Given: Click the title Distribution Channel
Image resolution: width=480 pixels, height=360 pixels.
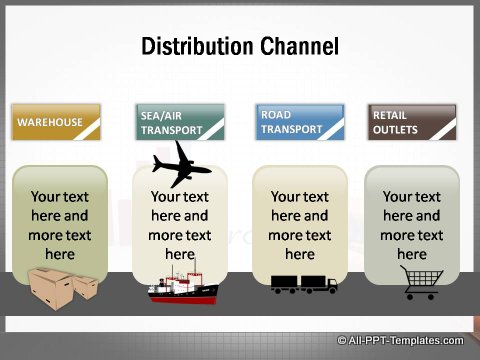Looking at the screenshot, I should coord(239,47).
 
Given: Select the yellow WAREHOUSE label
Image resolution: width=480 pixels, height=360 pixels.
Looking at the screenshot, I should coord(56,122).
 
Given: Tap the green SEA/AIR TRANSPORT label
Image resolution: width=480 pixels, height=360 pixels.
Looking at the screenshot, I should coord(180,122).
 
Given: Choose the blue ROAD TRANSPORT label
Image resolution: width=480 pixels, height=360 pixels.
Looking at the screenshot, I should coord(300,122).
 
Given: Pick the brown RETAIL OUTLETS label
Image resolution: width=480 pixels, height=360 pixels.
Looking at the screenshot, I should coord(412,122).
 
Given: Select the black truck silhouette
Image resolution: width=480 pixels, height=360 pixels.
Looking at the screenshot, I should coord(304,285).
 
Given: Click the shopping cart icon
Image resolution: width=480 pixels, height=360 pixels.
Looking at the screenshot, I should coord(419,284).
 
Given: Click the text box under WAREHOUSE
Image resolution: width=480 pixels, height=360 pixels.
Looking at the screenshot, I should coord(60,226).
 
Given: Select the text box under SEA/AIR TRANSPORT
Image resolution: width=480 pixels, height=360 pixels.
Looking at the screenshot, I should coord(180,226).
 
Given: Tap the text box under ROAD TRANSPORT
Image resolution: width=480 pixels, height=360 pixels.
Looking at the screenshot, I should coord(300,226).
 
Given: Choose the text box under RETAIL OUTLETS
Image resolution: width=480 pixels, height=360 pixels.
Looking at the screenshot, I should coord(412,226).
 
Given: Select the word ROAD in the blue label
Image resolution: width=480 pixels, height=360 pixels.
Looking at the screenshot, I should coord(276,115).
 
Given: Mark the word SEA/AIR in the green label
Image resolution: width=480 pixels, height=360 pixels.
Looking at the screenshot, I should coord(162,115).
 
